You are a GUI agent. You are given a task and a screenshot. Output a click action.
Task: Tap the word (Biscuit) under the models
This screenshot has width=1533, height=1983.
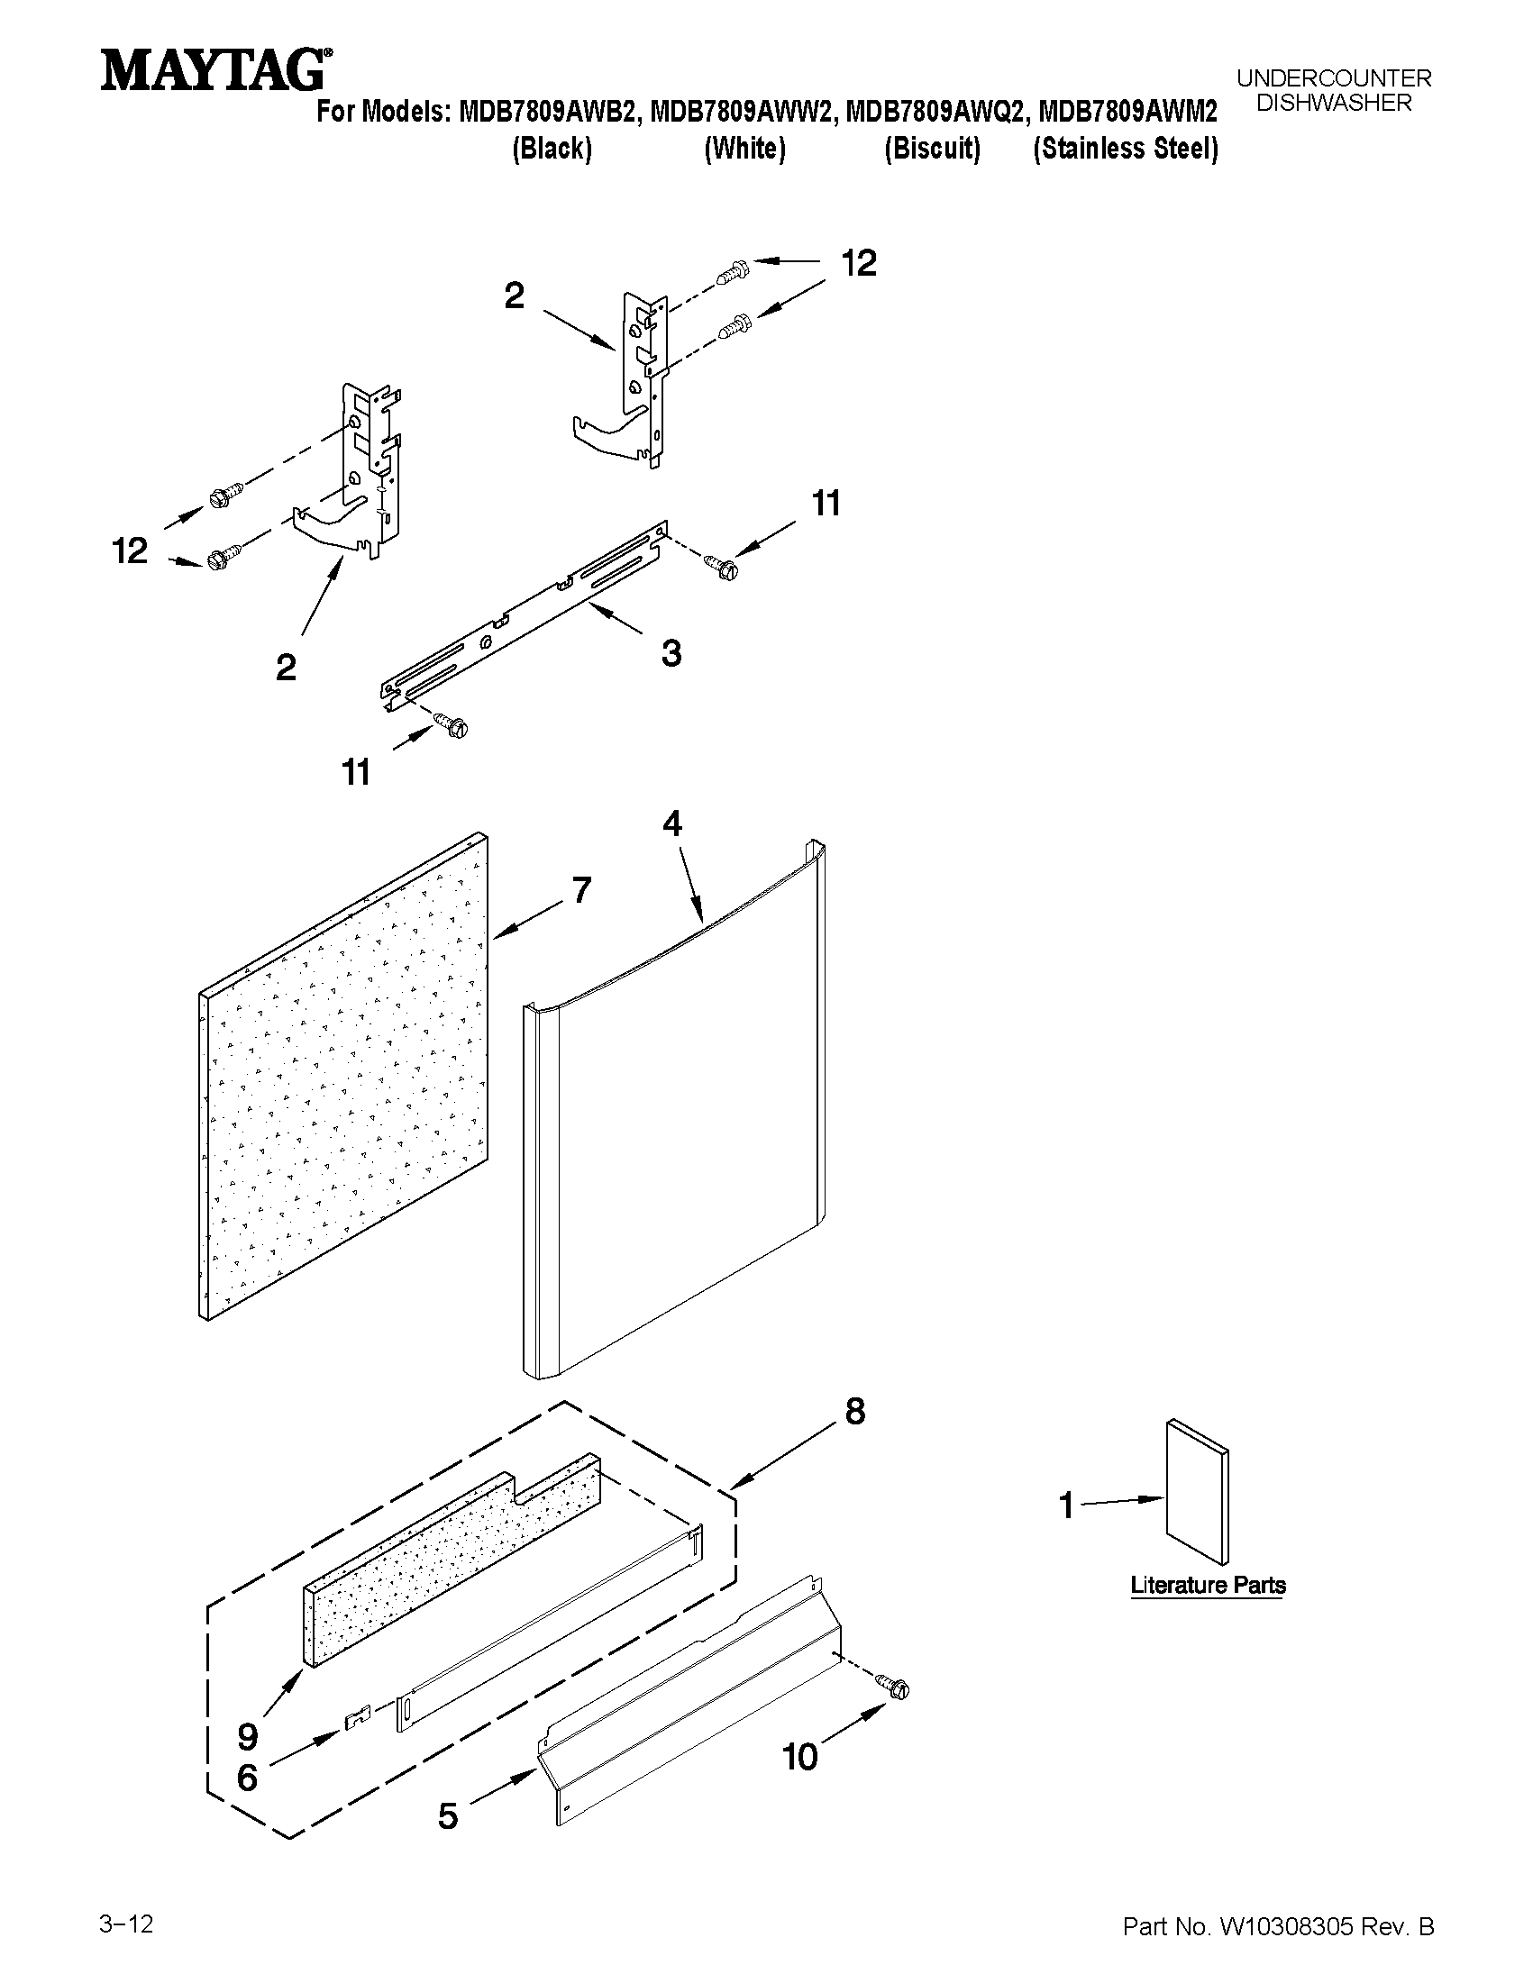pyautogui.click(x=933, y=149)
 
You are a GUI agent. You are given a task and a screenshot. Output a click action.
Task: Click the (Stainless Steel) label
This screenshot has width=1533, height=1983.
pyautogui.click(x=1126, y=149)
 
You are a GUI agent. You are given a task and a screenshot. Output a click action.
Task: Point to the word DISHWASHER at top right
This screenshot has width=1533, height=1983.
pyautogui.click(x=1334, y=104)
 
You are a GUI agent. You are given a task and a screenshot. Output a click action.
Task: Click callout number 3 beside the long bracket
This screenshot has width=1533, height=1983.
pyautogui.click(x=671, y=653)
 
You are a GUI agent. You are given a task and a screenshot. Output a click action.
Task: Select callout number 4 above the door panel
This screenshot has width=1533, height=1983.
pyautogui.click(x=672, y=823)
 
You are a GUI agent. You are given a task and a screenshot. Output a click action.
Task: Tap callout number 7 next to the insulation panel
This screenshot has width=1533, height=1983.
pyautogui.click(x=581, y=890)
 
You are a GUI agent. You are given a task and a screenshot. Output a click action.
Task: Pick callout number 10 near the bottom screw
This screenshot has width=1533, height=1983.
pyautogui.click(x=800, y=1783)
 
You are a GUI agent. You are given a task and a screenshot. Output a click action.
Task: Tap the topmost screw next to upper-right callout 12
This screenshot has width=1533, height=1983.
pyautogui.click(x=732, y=269)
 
